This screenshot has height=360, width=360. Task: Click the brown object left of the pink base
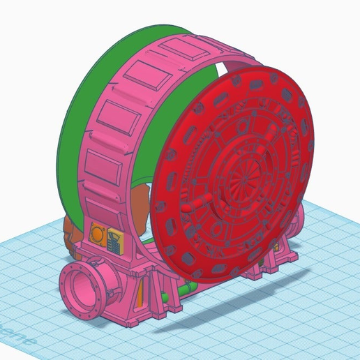[67, 234]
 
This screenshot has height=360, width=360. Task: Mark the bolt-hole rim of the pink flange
[70, 279]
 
